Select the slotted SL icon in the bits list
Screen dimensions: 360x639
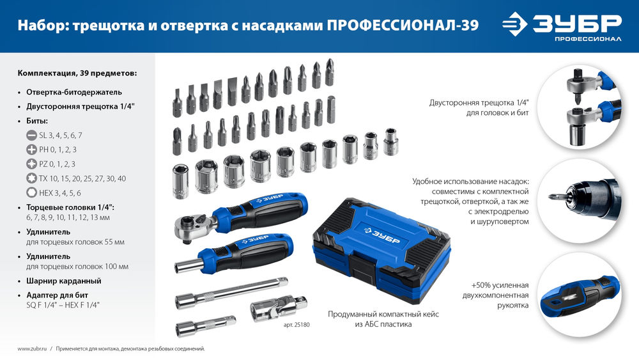(31, 135)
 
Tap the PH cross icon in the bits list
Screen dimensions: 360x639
(31, 149)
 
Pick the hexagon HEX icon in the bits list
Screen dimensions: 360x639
(31, 192)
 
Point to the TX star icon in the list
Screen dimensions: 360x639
(31, 178)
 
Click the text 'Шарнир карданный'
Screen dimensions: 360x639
(64, 281)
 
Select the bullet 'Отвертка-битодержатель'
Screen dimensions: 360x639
(73, 91)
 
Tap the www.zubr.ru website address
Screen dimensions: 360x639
(32, 348)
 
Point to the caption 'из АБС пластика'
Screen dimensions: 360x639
(383, 325)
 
